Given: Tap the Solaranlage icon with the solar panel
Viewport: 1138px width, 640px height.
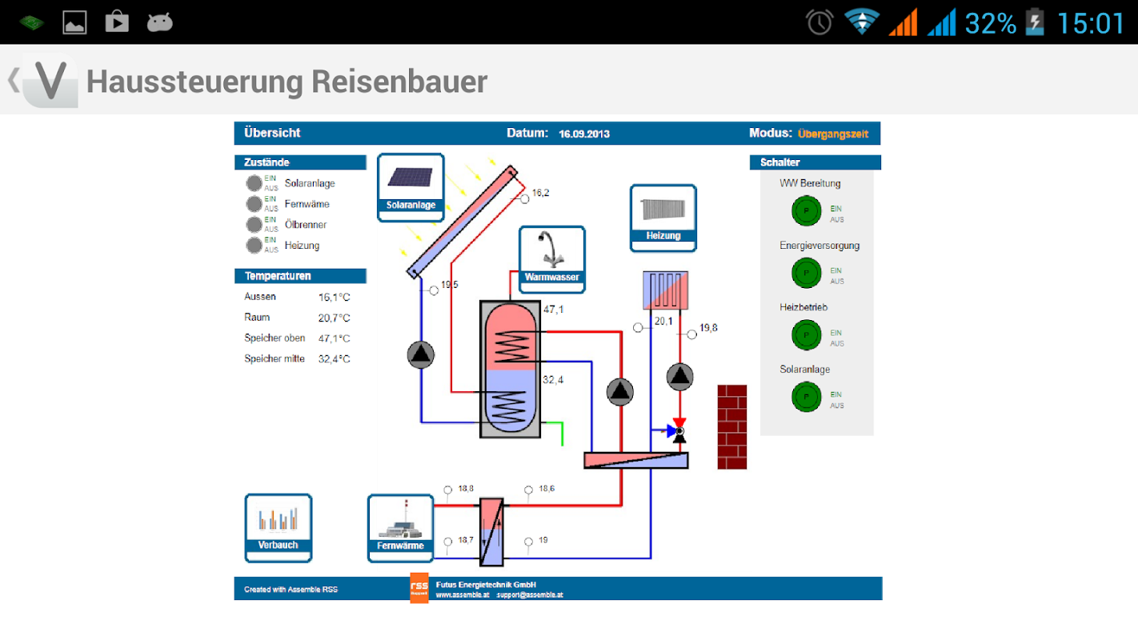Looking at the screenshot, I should (x=410, y=186).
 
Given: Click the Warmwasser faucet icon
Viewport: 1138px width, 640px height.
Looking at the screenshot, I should (x=551, y=258).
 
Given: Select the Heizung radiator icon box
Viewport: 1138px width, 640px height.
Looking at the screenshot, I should (x=663, y=217).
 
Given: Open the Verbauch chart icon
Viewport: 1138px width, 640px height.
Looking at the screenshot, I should (x=278, y=526).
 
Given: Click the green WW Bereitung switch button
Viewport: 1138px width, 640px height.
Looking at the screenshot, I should (x=806, y=211).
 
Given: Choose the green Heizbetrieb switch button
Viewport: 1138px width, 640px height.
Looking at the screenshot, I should (x=806, y=335).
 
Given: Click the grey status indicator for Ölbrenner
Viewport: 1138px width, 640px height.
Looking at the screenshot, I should (x=254, y=225).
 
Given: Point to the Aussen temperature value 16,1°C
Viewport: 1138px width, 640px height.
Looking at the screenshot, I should (x=334, y=298).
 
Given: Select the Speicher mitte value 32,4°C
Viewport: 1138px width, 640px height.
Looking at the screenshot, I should (x=334, y=359).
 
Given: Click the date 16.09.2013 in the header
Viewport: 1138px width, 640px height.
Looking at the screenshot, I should (x=584, y=134).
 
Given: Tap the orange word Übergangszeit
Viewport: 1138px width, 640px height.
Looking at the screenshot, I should (x=833, y=134).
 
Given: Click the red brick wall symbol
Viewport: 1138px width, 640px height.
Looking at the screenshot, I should (x=731, y=426).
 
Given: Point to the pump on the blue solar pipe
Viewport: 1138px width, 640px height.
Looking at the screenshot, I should (x=421, y=354).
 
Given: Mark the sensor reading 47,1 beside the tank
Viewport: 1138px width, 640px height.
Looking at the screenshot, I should (x=553, y=310).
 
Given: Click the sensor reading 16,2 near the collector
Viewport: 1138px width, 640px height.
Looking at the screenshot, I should (x=541, y=193).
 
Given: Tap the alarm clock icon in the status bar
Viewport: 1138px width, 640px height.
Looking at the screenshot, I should (x=819, y=22).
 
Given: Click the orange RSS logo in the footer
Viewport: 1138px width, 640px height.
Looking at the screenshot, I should (x=419, y=587).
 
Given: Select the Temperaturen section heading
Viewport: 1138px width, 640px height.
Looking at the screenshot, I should (x=278, y=276).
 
